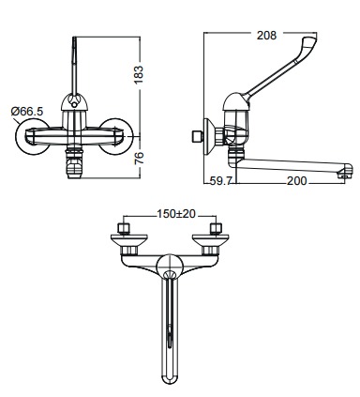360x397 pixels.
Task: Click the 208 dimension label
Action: click(266, 36)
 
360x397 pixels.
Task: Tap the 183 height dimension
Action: click(138, 74)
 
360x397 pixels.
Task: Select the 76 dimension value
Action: click(139, 158)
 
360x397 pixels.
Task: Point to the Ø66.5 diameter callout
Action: click(27, 112)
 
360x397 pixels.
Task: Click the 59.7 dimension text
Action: click(220, 181)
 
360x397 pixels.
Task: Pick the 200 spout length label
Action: click(296, 181)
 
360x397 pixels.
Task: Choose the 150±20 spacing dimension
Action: click(176, 214)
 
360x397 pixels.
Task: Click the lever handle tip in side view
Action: click(310, 41)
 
